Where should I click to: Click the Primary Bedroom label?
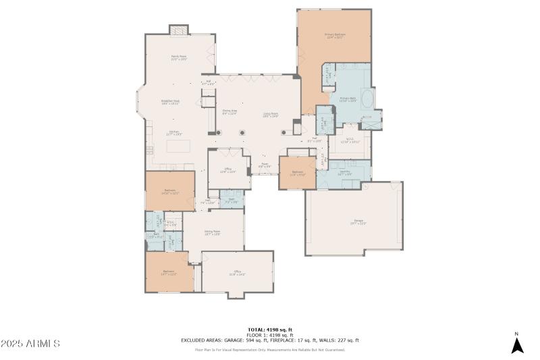(334, 36)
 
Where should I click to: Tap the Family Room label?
(178, 58)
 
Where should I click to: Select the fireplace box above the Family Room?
(178, 30)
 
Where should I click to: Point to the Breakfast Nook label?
(170, 102)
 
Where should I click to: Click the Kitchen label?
(173, 133)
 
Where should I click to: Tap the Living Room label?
(271, 115)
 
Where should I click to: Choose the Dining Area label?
(230, 111)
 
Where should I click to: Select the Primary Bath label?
(348, 99)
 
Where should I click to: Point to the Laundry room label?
(344, 173)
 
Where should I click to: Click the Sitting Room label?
(213, 232)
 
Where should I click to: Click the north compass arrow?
(517, 344)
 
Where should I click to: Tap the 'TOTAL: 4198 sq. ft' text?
(270, 330)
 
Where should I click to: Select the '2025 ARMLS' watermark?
(31, 344)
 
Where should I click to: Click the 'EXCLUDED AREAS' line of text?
(270, 340)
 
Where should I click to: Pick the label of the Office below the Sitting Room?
(238, 274)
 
